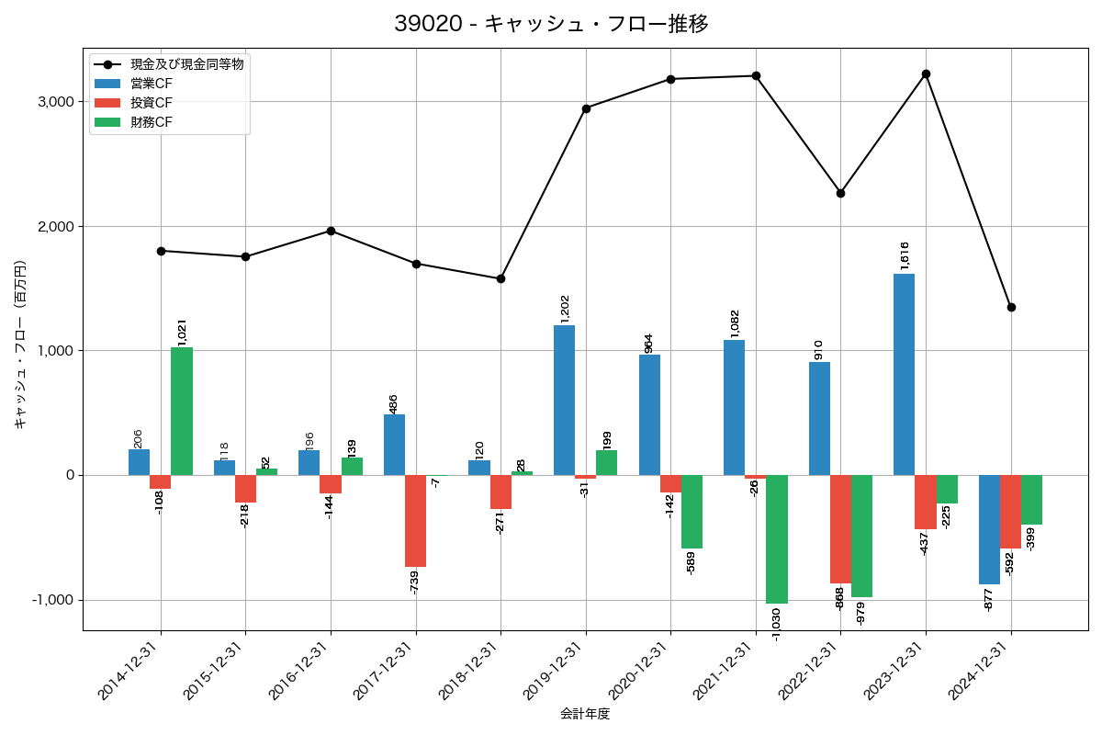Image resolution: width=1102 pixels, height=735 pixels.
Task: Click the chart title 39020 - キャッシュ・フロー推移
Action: (x=551, y=24)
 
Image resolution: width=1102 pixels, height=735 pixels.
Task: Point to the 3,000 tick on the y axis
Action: (x=56, y=102)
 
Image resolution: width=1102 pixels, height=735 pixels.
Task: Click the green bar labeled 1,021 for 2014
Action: (x=182, y=411)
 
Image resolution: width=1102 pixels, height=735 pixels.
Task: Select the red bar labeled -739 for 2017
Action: (x=416, y=521)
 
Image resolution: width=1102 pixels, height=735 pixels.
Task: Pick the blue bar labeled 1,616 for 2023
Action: (x=904, y=374)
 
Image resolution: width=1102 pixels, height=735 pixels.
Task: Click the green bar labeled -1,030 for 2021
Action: (x=777, y=539)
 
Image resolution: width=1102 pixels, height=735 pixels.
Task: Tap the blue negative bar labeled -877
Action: (x=989, y=529)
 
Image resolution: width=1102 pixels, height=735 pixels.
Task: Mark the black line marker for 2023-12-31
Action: (x=926, y=73)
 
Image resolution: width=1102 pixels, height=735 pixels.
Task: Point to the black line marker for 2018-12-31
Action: (x=500, y=278)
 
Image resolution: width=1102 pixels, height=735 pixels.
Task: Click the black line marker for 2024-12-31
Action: (x=1011, y=307)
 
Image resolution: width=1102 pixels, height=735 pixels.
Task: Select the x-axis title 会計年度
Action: (x=585, y=714)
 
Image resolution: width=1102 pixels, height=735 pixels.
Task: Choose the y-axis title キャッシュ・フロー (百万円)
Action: (x=20, y=345)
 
